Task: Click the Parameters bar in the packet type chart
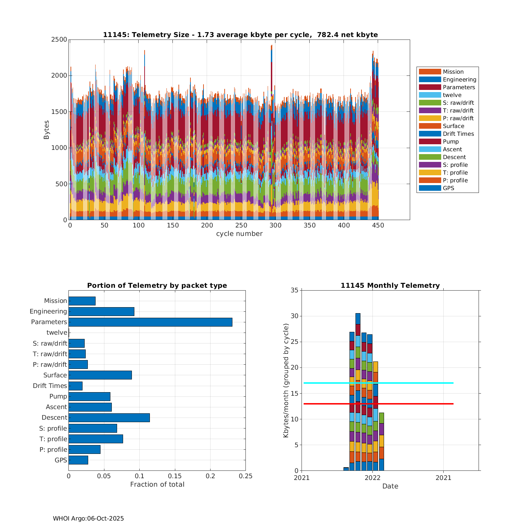[150, 322]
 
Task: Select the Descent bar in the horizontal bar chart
[109, 418]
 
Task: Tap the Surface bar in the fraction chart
[100, 375]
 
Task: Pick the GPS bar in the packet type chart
[78, 460]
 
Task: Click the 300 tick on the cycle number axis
[275, 225]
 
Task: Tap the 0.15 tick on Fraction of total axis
[175, 476]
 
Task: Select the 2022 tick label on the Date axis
[372, 478]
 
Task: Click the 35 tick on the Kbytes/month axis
[294, 290]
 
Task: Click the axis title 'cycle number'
[239, 234]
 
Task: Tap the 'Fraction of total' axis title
[157, 485]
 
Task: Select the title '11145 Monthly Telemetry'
[390, 286]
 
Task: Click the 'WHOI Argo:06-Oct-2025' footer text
[88, 518]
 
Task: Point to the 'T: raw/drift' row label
[50, 354]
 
